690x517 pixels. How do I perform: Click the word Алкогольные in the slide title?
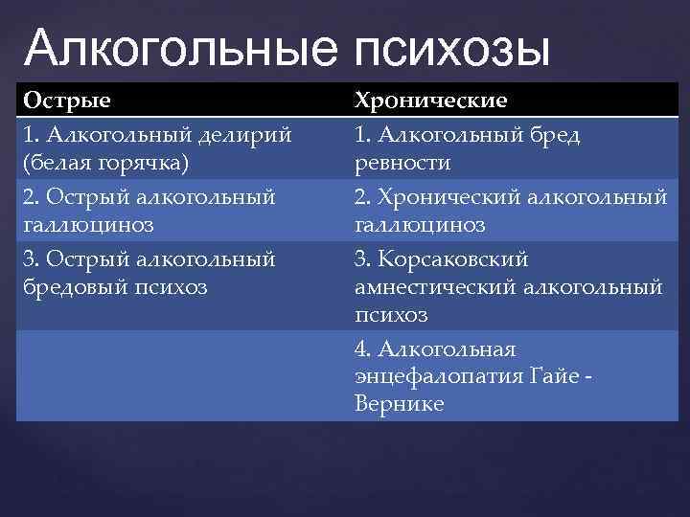pyautogui.click(x=182, y=49)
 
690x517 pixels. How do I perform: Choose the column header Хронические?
pyautogui.click(x=431, y=101)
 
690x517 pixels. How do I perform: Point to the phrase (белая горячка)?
pyautogui.click(x=105, y=164)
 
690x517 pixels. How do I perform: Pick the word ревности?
pyautogui.click(x=402, y=164)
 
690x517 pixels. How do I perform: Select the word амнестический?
pyautogui.click(x=430, y=286)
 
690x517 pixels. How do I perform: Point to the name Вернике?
pyautogui.click(x=399, y=404)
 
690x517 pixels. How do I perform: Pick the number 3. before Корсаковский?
pyautogui.click(x=364, y=259)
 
